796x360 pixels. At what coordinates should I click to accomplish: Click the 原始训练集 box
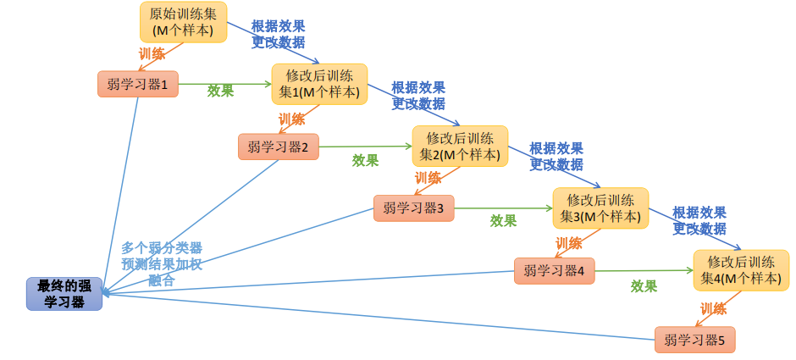(183, 22)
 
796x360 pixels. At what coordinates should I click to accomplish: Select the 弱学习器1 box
(138, 84)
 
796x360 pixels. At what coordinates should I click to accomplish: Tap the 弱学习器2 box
(278, 147)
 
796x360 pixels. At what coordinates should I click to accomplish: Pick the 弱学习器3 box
(413, 208)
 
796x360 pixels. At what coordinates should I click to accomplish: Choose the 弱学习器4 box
(554, 271)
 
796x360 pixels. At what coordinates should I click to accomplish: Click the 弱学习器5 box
(694, 340)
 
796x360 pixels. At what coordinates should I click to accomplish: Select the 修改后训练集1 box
(319, 84)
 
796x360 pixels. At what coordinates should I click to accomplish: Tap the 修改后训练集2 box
(460, 147)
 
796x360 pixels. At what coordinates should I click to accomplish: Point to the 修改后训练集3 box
(600, 208)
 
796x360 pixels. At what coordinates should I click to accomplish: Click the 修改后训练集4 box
(741, 270)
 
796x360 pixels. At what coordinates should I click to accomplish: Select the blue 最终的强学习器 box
(64, 293)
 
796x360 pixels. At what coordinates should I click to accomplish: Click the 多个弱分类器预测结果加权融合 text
(162, 263)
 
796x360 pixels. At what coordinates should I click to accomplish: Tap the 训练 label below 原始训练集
(152, 53)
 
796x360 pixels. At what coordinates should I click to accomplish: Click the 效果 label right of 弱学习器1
(221, 91)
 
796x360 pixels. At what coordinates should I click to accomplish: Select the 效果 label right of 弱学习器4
(644, 286)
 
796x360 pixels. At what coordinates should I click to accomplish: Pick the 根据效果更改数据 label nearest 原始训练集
(278, 34)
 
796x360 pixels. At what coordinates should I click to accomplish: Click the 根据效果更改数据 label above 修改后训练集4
(699, 220)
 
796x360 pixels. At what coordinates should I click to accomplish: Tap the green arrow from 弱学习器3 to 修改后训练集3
(503, 208)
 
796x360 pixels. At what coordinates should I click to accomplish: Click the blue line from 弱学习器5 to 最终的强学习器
(381, 317)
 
